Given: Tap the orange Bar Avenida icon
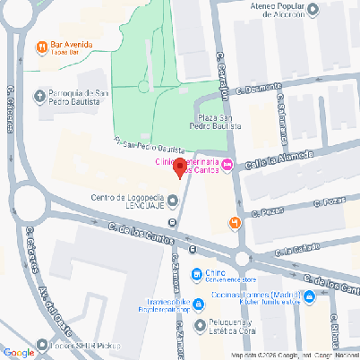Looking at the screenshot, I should point(42,47).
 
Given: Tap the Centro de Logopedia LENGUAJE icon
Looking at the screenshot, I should point(173,199).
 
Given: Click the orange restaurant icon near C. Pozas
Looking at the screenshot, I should point(235,221).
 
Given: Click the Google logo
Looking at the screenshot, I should point(19,352).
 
